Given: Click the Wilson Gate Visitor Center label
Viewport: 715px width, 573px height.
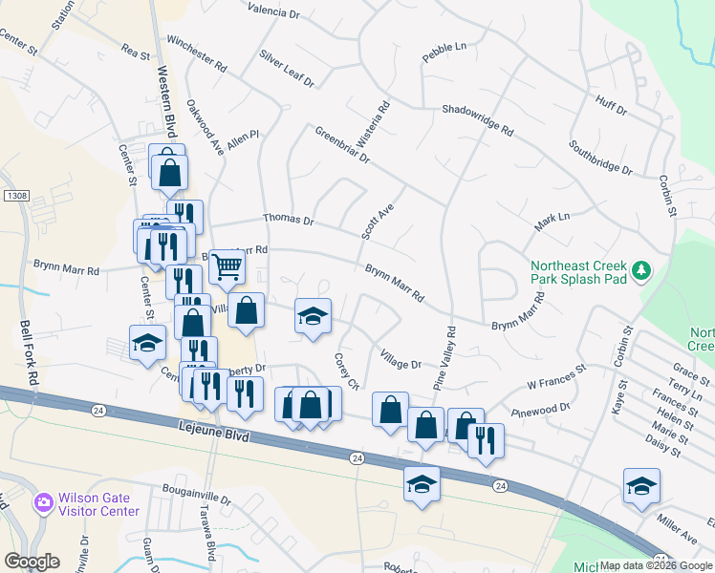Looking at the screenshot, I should coord(98,504).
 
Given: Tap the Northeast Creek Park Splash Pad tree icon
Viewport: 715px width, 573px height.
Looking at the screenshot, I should coord(643,271).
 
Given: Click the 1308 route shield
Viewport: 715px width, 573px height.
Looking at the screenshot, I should coord(16,195).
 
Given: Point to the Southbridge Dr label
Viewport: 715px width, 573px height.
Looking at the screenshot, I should coord(600,158).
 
